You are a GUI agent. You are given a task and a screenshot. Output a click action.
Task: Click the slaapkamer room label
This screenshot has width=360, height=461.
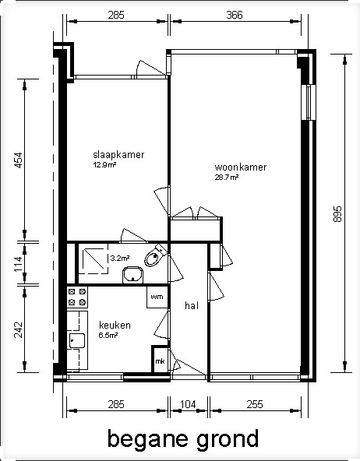pyautogui.click(x=118, y=155)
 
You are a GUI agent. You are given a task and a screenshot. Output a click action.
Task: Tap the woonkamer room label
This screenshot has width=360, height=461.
pyautogui.click(x=241, y=167)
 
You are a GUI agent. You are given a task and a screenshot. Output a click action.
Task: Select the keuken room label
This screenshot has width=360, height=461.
pyautogui.click(x=115, y=326)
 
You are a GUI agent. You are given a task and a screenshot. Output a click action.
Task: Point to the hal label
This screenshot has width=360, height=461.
pyautogui.click(x=192, y=305)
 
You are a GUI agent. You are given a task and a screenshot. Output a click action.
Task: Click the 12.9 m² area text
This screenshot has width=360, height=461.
pyautogui.click(x=104, y=164)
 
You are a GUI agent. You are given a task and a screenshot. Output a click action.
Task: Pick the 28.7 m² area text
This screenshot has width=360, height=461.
pyautogui.click(x=227, y=178)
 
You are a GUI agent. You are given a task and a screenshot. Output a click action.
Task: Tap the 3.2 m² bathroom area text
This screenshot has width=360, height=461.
pyautogui.click(x=120, y=259)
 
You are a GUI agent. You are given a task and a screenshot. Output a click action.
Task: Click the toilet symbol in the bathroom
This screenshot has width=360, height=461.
pyautogui.click(x=156, y=255)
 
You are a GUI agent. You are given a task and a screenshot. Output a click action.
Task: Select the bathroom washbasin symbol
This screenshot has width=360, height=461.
pyautogui.click(x=133, y=275)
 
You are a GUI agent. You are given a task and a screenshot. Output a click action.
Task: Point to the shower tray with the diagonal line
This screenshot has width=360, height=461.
pyautogui.click(x=93, y=259)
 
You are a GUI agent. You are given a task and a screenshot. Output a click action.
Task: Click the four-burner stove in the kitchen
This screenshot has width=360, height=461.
pyautogui.click(x=77, y=297)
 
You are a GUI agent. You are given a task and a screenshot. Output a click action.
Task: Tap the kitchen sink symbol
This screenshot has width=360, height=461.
pyautogui.click(x=77, y=341)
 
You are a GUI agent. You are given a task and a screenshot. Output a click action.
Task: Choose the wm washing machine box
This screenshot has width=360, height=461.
pyautogui.click(x=157, y=297)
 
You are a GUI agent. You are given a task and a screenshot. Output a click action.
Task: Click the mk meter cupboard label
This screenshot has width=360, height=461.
pyautogui.click(x=160, y=361)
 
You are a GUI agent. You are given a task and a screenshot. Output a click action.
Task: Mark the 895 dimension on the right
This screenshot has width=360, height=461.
pyautogui.click(x=337, y=213)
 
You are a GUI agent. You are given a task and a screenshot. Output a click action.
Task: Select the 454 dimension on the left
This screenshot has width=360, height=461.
pyautogui.click(x=18, y=160)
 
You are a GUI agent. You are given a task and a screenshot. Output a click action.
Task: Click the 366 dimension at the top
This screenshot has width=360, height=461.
pyautogui.click(x=235, y=15)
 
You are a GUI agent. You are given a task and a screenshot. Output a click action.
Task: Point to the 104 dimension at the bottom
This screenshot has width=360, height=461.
pyautogui.click(x=188, y=405)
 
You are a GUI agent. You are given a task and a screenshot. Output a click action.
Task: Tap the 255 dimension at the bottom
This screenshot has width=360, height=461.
pyautogui.click(x=255, y=405)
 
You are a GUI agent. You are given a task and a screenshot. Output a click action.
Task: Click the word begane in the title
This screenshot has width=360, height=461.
pyautogui.click(x=149, y=440)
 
